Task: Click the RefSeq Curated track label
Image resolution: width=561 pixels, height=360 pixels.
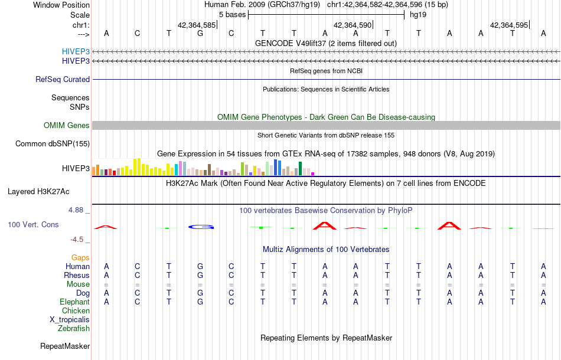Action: point(63,79)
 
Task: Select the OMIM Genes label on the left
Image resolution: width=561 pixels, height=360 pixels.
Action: point(67,125)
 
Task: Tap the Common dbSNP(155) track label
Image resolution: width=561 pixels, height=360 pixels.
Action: point(53,143)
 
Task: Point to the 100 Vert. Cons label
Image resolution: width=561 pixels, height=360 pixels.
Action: point(34,225)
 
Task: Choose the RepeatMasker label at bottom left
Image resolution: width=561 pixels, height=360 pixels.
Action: point(65,346)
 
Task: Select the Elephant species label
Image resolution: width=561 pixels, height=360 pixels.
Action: point(74,302)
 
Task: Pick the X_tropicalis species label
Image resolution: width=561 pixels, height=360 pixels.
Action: point(70,319)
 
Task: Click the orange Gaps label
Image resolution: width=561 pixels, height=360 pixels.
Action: point(80,257)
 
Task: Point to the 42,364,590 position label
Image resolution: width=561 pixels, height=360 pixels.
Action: point(353,25)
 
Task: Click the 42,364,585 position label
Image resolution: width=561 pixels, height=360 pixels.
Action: point(197,25)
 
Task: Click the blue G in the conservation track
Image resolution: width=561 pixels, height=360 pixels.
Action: point(200,227)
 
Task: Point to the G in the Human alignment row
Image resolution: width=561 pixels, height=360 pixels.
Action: point(200,266)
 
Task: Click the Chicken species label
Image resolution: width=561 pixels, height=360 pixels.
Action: point(76,310)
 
